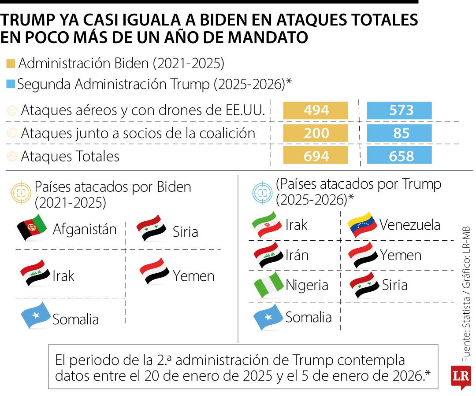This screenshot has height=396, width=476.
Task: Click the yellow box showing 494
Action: tap(316, 110)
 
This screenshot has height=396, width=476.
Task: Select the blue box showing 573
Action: tap(399, 110)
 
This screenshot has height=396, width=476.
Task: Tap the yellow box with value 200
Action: tap(316, 133)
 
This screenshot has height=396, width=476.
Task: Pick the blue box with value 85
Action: tap(399, 133)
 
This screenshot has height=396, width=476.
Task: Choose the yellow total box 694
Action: tap(316, 156)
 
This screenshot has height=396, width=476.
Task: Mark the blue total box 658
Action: tap(399, 156)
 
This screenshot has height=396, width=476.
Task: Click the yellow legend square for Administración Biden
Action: tap(11, 64)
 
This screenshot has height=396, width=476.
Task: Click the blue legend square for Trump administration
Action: tap(11, 84)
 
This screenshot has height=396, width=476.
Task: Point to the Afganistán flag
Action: tap(32, 227)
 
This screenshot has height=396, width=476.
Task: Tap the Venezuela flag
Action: tap(362, 225)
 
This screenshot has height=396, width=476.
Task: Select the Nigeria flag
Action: tap(268, 285)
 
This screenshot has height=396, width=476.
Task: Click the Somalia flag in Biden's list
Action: tap(35, 315)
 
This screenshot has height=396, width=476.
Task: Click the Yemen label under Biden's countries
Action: tap(193, 276)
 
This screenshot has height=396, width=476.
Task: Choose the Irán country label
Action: tap(297, 255)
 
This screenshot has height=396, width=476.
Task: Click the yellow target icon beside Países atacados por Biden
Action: tap(21, 193)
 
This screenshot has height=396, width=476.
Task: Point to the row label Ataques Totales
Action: tap(70, 156)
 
